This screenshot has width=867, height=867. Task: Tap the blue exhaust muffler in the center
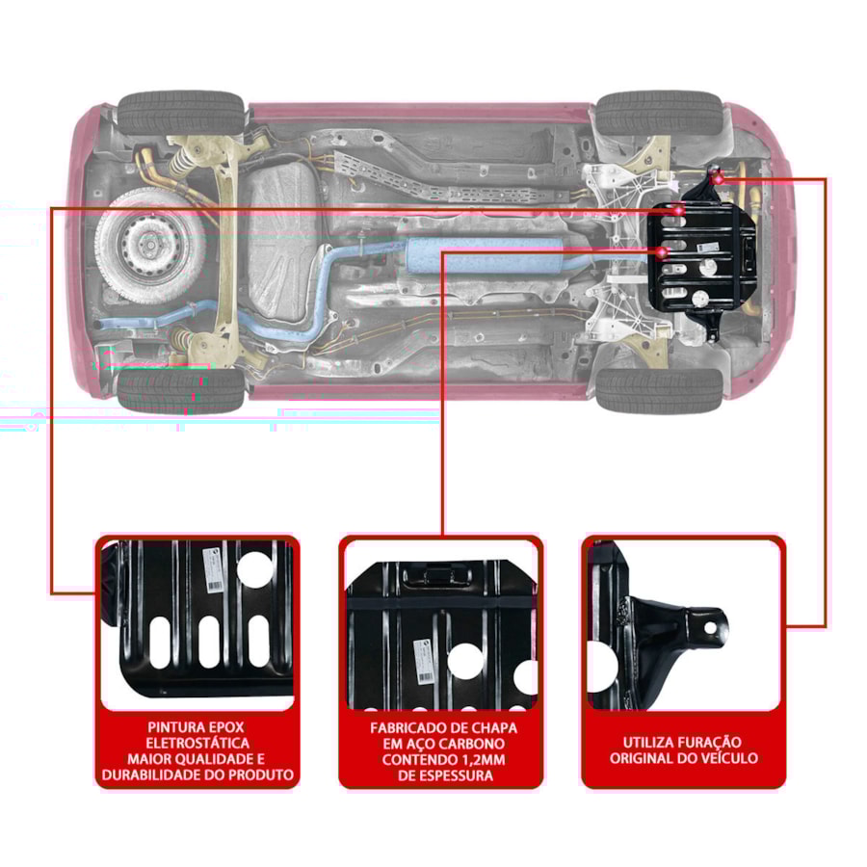pos(485,255)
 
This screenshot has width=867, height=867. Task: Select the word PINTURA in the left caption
pos(171,727)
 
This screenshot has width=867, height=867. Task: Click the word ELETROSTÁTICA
pos(197,743)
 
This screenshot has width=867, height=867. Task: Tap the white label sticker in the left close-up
pos(213,569)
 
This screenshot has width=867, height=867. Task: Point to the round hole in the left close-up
pos(255,570)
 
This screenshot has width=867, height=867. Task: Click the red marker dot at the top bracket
pos(718,178)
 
